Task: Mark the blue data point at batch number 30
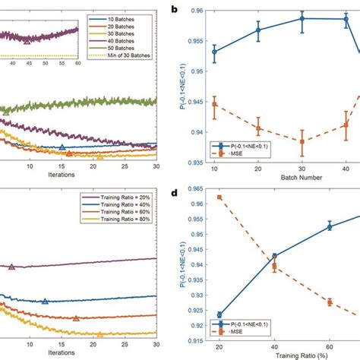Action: point(302,18)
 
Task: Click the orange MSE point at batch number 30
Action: point(302,141)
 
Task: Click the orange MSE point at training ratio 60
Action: point(329,302)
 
